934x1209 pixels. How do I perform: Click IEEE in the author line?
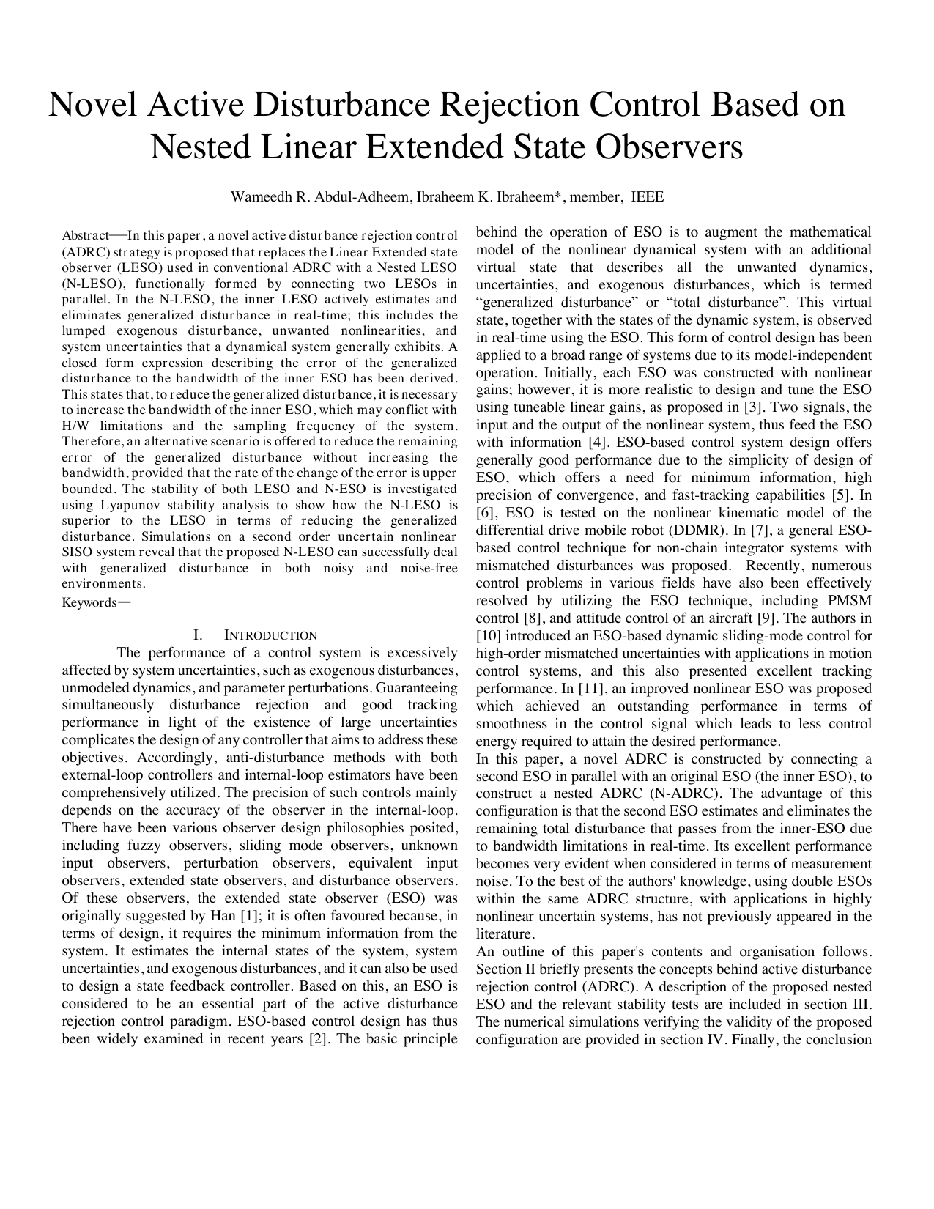(648, 197)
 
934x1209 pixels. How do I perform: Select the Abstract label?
(85, 236)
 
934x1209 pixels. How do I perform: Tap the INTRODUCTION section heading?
(270, 636)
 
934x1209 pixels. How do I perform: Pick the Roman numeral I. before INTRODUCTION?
(197, 636)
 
